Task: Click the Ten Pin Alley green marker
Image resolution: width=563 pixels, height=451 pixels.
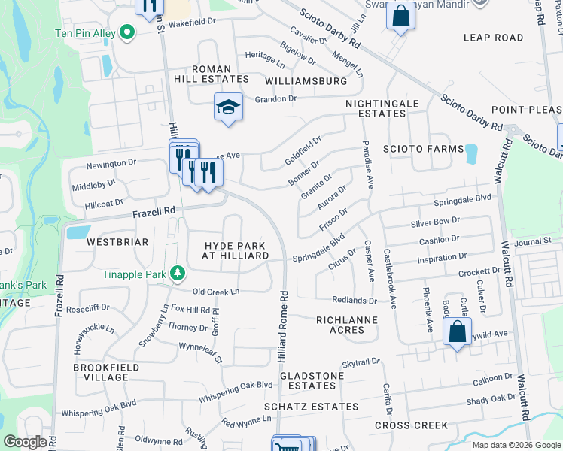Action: pos(126,32)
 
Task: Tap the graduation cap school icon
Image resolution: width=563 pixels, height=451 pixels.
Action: pos(228,107)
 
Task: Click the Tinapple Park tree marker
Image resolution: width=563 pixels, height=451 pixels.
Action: pos(177,272)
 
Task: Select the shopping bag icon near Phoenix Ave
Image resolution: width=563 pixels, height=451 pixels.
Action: pos(457,331)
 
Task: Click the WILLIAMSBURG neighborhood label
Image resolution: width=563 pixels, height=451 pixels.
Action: pos(306,80)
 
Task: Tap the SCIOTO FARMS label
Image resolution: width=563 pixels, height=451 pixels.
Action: pos(424,149)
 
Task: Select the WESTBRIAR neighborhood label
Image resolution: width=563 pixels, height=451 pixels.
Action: pos(117,242)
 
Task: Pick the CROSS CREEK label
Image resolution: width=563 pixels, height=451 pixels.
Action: pos(411,425)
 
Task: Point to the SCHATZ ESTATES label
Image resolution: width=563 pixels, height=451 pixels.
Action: pos(311,407)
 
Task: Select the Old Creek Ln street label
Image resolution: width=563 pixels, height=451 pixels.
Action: pos(216,292)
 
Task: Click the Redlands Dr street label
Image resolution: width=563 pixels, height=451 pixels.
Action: pos(354,301)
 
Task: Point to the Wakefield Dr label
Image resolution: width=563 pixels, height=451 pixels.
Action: pos(191,23)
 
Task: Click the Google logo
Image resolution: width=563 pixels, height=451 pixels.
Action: pos(26,442)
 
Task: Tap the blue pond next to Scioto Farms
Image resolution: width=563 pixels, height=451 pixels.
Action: pos(471,153)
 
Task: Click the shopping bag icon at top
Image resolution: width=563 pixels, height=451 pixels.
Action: pos(400,15)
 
